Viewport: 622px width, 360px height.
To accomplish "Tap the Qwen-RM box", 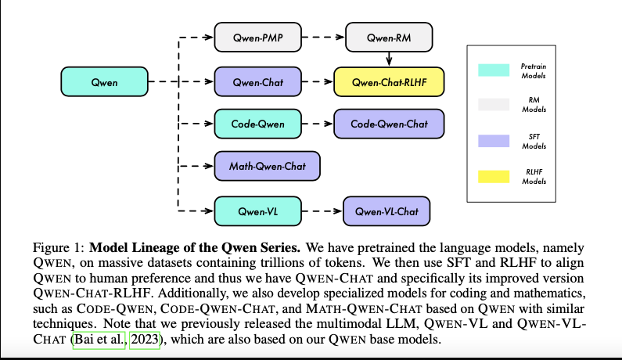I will click(389, 36).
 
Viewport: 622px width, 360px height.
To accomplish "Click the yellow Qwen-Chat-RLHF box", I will click(389, 81).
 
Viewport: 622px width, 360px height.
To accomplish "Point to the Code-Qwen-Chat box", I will click(389, 124).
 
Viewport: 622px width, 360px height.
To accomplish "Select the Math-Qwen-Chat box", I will click(267, 166).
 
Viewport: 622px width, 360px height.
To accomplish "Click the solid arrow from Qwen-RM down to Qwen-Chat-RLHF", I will click(389, 58).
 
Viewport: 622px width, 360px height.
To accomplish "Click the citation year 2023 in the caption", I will click(144, 342).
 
